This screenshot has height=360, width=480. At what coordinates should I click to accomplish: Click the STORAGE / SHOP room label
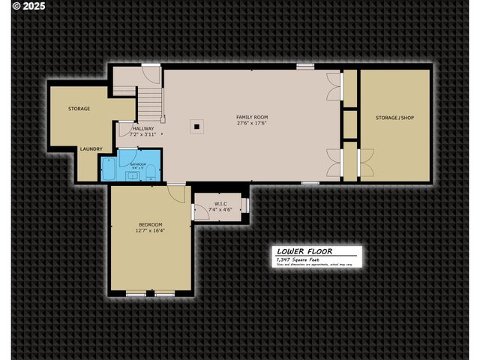(394, 118)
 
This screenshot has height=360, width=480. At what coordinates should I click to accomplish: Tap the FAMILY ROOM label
(252, 117)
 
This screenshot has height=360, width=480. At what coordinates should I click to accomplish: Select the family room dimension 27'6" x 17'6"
(252, 124)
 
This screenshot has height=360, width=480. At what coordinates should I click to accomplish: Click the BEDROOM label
(151, 224)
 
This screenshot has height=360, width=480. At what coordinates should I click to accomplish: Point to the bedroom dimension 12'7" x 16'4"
(151, 231)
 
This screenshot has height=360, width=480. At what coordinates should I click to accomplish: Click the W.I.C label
(220, 203)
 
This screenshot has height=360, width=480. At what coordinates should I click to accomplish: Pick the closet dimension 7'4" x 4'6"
(220, 209)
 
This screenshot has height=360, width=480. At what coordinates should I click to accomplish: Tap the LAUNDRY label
(91, 148)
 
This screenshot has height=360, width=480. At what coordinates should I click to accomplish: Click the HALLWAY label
(142, 128)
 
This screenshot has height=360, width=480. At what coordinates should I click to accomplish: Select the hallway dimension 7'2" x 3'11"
(142, 135)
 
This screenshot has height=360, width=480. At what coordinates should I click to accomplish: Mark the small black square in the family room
(196, 127)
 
